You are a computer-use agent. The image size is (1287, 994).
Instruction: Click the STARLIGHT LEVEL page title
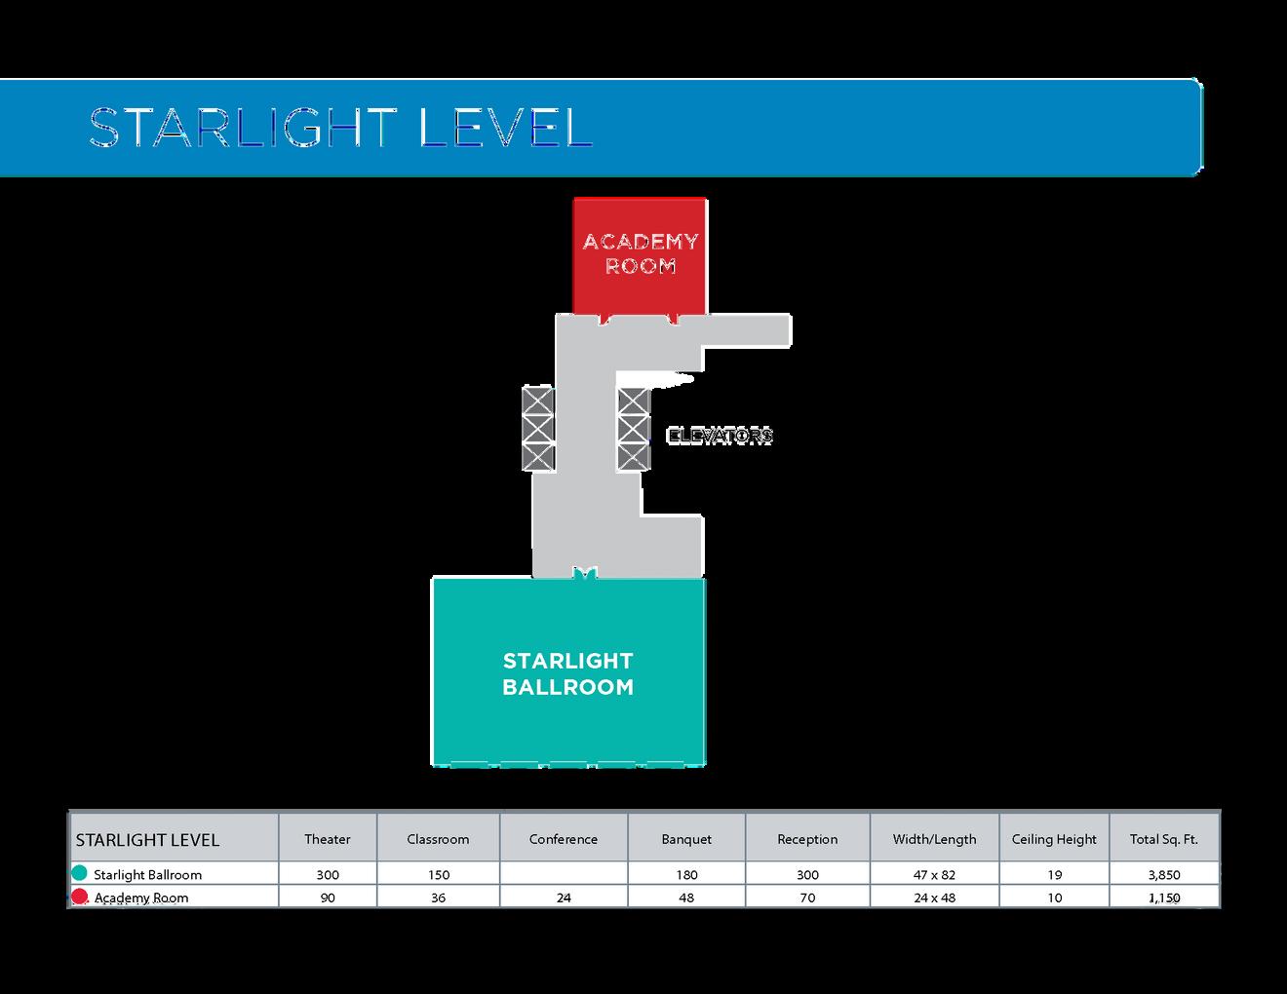340,128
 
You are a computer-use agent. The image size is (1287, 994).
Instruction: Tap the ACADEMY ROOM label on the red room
640,253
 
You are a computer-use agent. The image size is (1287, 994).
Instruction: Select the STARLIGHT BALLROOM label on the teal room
567,673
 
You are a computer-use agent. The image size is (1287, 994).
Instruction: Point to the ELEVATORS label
720,436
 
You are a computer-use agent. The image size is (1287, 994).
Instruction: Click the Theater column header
328,839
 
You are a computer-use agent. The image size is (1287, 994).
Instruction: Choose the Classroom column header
438,839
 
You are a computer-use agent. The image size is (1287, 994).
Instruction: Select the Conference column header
564,839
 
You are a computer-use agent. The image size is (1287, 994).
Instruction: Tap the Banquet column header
686,839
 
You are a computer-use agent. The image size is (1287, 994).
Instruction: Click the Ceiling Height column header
1054,839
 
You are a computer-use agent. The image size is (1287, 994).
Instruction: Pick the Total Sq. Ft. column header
1164,839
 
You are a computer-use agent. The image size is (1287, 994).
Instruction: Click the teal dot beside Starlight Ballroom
79,873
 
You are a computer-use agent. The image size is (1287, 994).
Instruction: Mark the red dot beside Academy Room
79,897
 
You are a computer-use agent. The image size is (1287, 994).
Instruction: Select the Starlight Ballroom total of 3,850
1164,875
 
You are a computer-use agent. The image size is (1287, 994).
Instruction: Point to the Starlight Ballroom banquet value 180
686,875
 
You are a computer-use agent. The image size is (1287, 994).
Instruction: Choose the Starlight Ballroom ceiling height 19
1054,875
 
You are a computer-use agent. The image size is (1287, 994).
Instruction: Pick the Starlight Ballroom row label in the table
147,875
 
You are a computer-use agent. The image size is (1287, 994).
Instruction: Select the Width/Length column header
934,839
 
